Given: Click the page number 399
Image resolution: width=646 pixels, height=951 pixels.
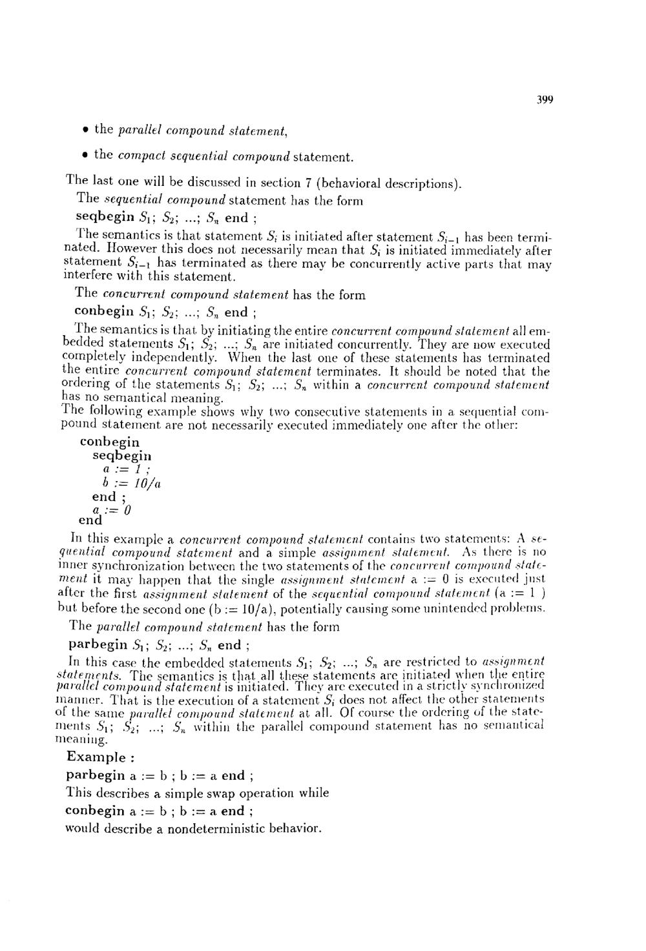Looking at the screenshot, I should tap(545, 99).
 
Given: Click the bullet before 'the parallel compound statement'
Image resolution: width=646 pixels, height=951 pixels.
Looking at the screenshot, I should tap(85, 129).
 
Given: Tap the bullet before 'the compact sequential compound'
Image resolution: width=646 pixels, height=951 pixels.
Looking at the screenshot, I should tap(85, 155).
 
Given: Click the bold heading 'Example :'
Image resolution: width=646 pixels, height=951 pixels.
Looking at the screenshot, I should tap(96, 757).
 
